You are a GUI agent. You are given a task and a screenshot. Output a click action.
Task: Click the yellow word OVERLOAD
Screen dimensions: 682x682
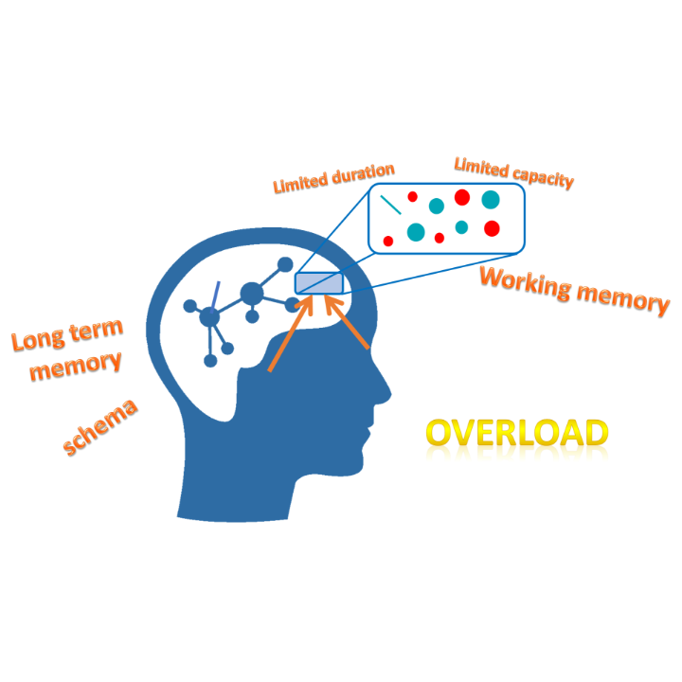517,433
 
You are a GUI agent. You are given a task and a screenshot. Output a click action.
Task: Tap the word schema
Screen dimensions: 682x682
100,427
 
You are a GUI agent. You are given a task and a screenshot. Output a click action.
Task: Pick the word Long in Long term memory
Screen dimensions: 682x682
38,341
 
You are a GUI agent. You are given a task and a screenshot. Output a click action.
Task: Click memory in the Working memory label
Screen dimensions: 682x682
623,300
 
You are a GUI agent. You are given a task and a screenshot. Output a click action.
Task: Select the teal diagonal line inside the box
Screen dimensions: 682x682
390,205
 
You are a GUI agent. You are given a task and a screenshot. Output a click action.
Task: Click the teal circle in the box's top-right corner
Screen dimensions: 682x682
491,200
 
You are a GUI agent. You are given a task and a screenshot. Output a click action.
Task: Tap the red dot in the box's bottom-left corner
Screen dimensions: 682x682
388,241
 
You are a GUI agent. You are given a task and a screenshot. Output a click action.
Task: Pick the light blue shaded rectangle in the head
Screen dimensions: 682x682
319,283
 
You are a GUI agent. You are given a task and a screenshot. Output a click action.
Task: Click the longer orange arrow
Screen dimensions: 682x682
291,333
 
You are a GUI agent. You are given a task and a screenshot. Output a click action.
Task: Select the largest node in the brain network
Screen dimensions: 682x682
252,294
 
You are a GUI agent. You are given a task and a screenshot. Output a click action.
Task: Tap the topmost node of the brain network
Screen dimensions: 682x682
285,264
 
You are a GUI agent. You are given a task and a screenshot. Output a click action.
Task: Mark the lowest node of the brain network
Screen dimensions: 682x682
210,361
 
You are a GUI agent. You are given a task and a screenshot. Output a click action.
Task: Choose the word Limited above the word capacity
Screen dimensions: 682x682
481,168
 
